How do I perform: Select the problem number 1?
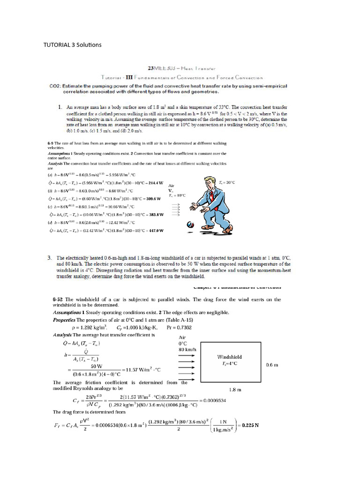click(x=60, y=108)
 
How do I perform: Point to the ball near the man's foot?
click(x=190, y=225)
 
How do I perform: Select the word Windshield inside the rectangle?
click(x=230, y=357)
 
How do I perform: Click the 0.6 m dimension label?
click(x=272, y=364)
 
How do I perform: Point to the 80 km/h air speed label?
click(x=187, y=349)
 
